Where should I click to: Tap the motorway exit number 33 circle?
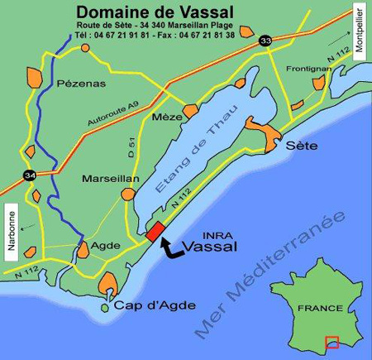click(264, 39)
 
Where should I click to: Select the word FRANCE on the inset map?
click(320, 307)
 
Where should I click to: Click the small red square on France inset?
click(331, 341)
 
